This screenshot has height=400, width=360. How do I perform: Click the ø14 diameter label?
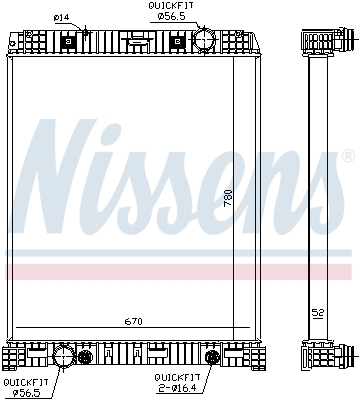pyautogui.click(x=60, y=17)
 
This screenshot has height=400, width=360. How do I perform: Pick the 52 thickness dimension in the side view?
pyautogui.click(x=317, y=313)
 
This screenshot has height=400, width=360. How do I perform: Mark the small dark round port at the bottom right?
pyautogui.click(x=212, y=357)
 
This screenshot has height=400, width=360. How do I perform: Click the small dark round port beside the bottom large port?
pyautogui.click(x=86, y=357)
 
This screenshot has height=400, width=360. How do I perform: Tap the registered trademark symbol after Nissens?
pyautogui.click(x=348, y=157)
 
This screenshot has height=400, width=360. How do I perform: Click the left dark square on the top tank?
pyautogui.click(x=69, y=42)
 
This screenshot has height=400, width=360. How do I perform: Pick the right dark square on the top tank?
pyautogui.click(x=178, y=42)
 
